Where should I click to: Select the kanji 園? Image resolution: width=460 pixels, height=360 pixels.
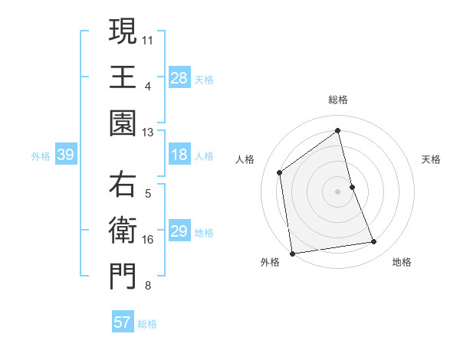(x=123, y=123)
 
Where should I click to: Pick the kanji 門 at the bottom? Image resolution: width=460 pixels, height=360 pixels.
(x=123, y=277)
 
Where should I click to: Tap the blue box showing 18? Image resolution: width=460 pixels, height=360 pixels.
(x=179, y=155)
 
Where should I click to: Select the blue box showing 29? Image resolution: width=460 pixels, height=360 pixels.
(x=179, y=231)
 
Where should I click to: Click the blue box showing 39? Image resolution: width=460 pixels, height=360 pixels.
(x=65, y=155)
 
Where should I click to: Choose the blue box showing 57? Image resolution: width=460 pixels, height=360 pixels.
(x=123, y=322)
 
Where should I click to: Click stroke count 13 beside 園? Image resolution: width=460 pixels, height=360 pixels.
(x=147, y=132)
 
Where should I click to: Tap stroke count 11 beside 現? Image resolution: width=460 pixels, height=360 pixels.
(x=147, y=39)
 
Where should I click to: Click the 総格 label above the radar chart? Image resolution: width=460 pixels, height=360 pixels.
(x=338, y=100)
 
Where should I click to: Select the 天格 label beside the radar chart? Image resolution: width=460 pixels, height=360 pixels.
(x=431, y=159)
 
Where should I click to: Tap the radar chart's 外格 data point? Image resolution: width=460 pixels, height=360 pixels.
(x=292, y=253)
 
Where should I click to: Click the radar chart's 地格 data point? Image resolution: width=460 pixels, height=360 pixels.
(x=374, y=242)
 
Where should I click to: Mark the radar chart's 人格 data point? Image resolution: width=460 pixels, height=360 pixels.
(x=280, y=172)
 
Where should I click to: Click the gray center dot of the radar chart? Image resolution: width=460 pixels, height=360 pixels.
(x=338, y=191)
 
